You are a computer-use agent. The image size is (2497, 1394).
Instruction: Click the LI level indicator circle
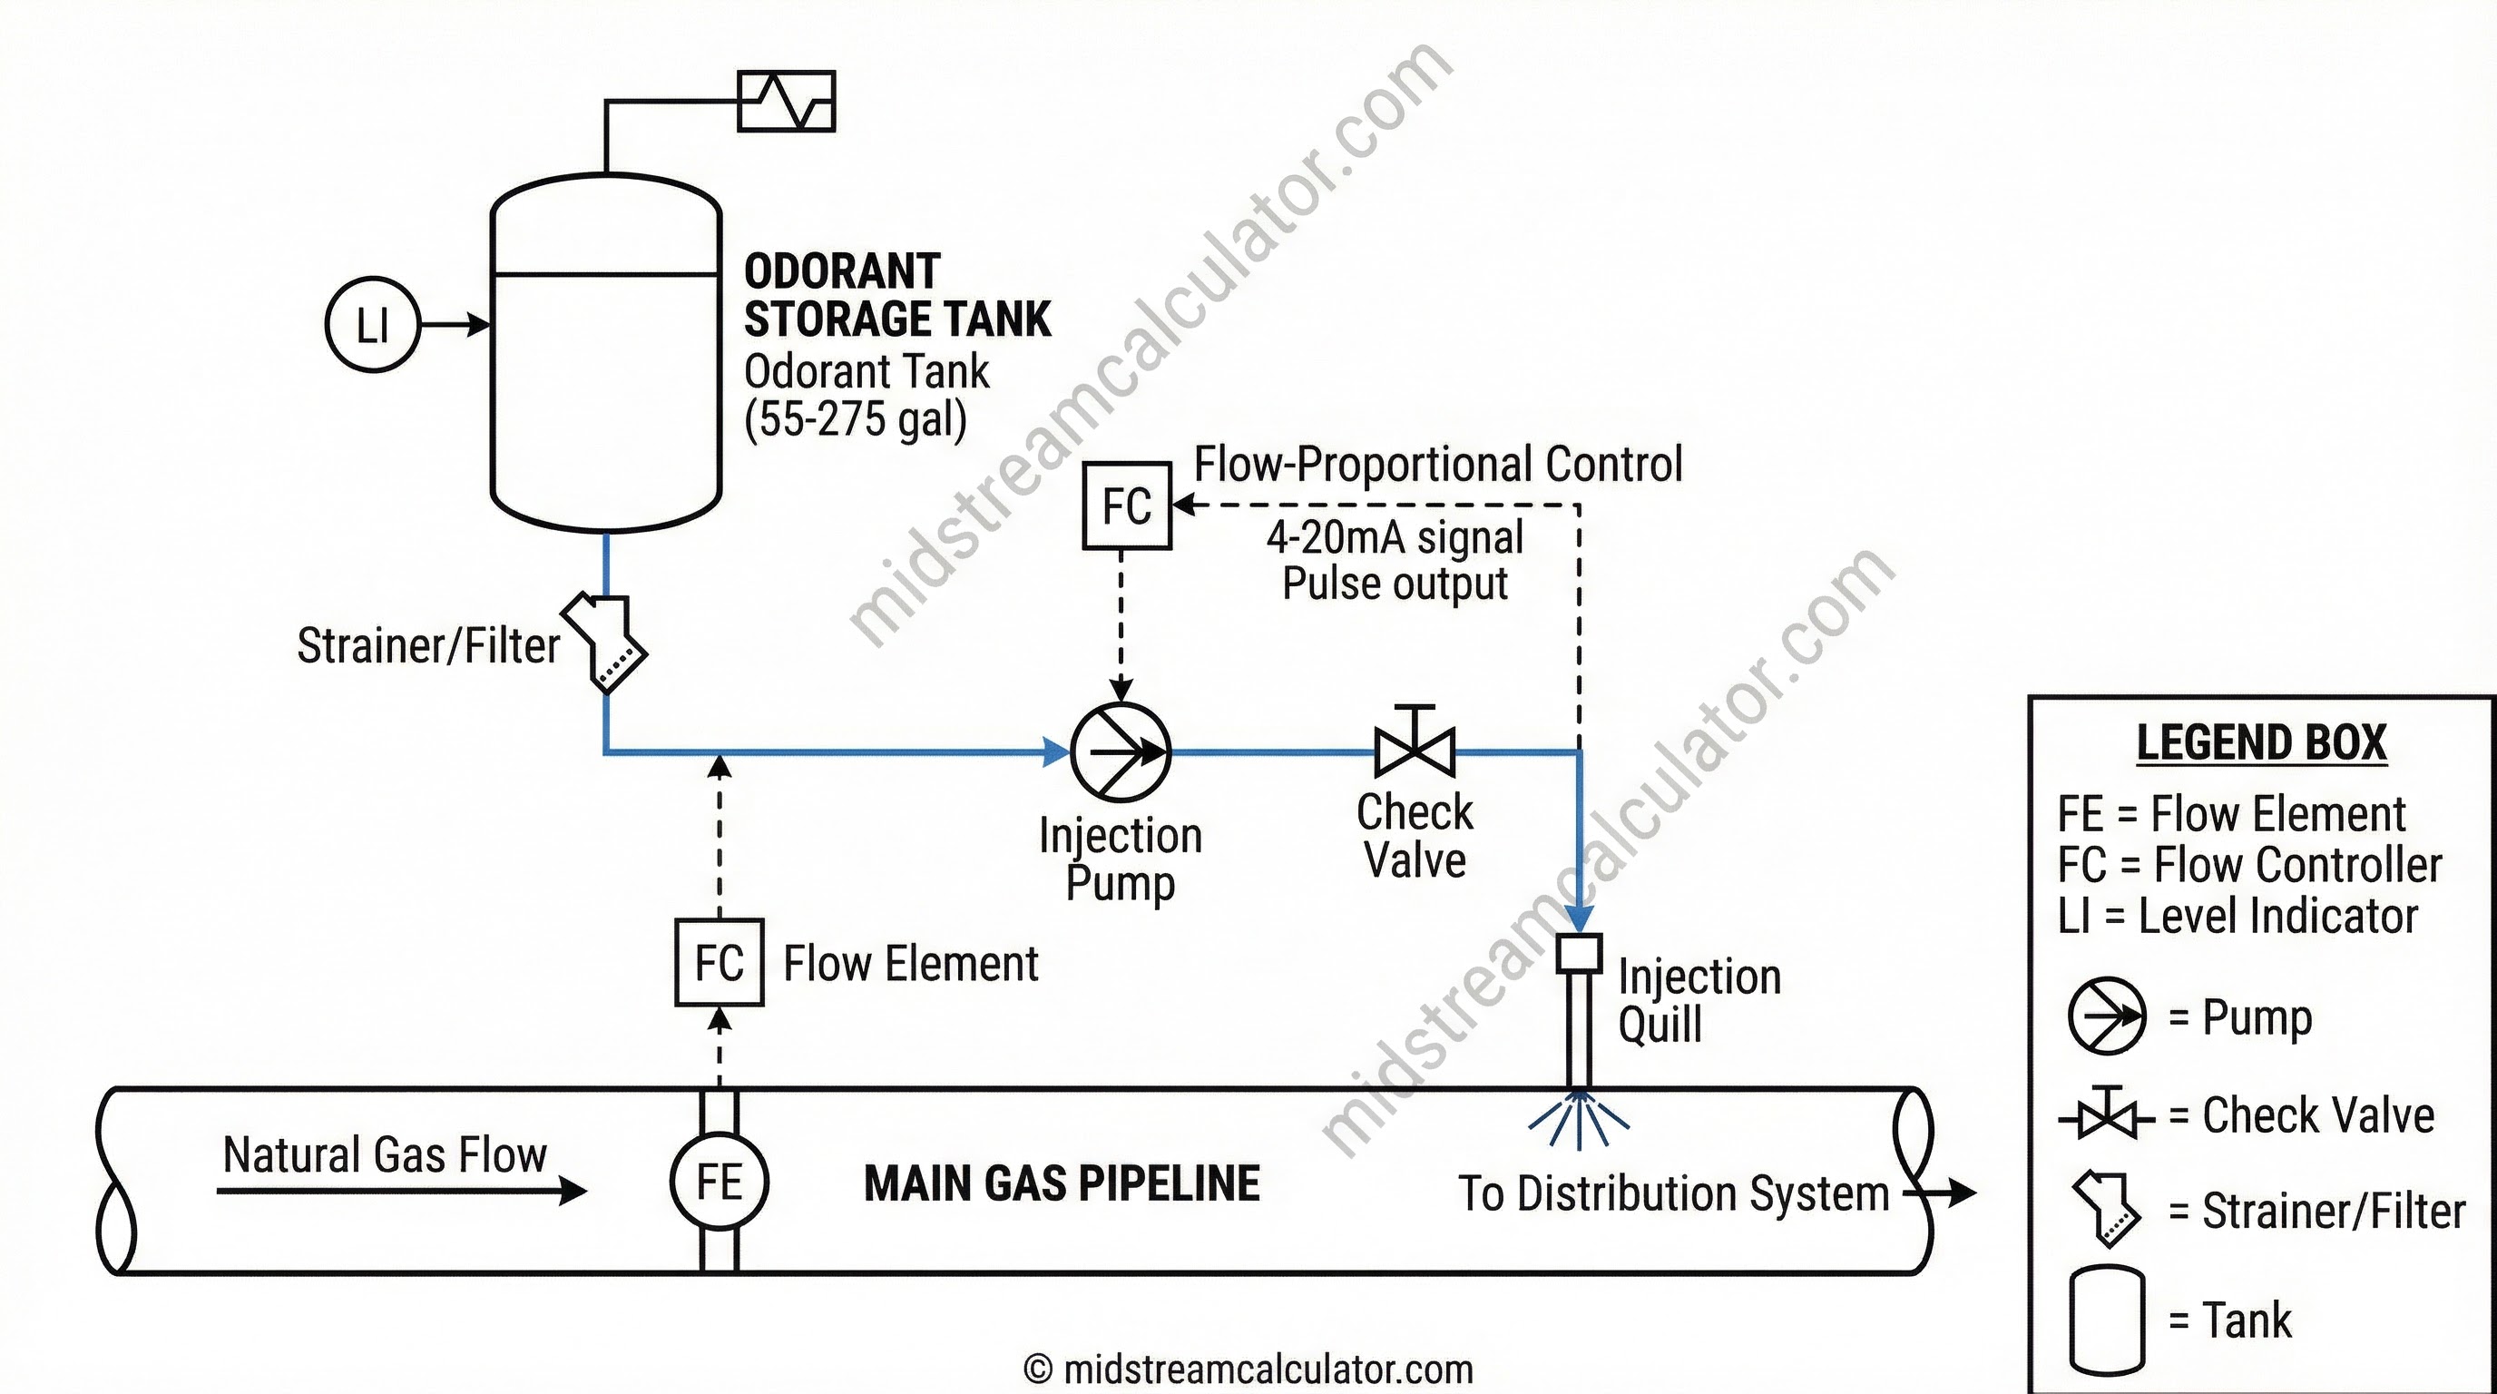click(372, 325)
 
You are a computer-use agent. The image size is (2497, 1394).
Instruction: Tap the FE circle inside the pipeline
click(719, 1182)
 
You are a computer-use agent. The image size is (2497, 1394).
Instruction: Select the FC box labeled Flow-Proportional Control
click(1126, 506)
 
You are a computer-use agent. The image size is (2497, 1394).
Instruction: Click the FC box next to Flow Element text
click(720, 963)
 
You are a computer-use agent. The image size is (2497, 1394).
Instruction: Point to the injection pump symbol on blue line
click(1121, 752)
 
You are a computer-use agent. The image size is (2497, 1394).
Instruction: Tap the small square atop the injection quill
click(1579, 953)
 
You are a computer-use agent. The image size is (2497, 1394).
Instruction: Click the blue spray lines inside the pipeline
click(1579, 1123)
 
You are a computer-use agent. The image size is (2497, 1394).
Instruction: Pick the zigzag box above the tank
click(786, 101)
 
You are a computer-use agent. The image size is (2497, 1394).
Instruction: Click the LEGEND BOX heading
click(2260, 743)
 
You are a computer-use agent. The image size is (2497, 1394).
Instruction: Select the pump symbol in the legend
click(2105, 1016)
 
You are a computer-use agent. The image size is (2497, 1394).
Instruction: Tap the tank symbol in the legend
click(2105, 1320)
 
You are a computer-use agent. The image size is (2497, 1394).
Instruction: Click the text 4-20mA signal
click(1394, 538)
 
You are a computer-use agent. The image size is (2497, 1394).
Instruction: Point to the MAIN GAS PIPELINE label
click(1062, 1183)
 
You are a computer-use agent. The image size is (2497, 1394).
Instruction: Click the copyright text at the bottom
click(1248, 1369)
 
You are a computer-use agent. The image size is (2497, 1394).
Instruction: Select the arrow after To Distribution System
click(1950, 1193)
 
